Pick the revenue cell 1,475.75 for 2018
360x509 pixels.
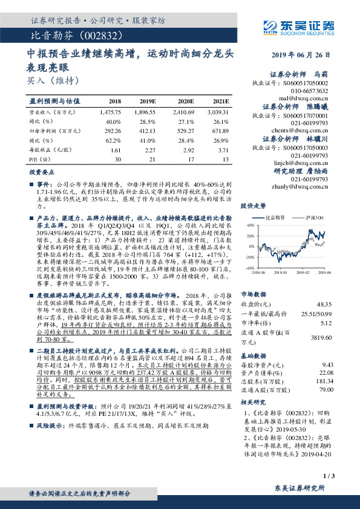point(109,112)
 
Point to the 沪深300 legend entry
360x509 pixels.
point(315,217)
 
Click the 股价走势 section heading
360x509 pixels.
point(254,206)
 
